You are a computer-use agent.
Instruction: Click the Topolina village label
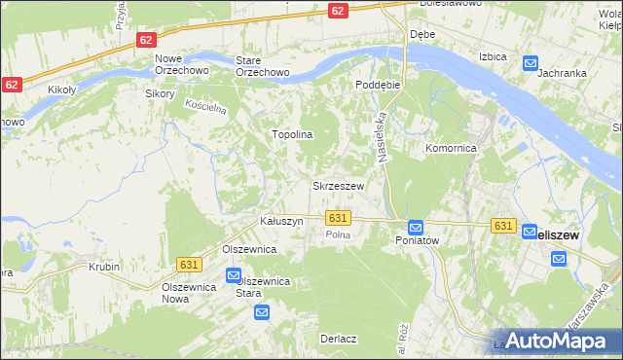pyautogui.click(x=291, y=135)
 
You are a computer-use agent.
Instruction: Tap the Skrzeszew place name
pyautogui.click(x=338, y=186)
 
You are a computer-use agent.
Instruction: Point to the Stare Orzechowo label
pyautogui.click(x=263, y=65)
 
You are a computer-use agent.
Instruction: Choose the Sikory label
pyautogui.click(x=159, y=94)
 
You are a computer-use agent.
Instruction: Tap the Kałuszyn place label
pyautogui.click(x=281, y=222)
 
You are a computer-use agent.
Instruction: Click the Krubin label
pyautogui.click(x=103, y=266)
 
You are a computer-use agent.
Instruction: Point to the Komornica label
pyautogui.click(x=450, y=149)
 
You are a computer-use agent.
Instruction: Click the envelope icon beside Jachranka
pyautogui.click(x=531, y=64)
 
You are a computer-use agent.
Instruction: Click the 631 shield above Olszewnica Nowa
pyautogui.click(x=190, y=264)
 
